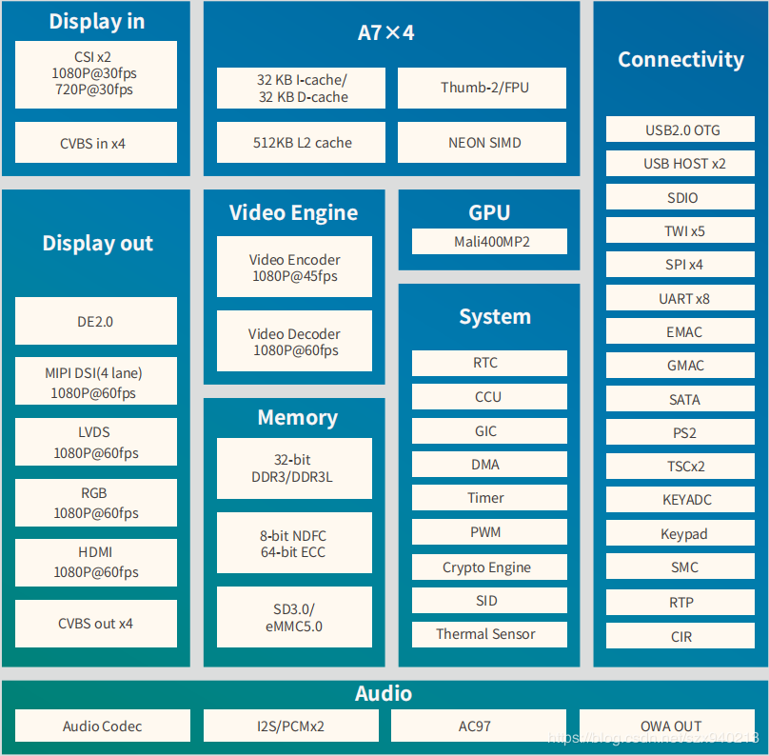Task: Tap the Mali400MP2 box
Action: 489,242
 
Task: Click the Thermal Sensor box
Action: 489,634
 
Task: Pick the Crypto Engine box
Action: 489,567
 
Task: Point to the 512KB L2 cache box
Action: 301,143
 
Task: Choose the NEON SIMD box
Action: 482,143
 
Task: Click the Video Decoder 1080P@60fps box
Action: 294,342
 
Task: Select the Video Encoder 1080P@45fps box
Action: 294,268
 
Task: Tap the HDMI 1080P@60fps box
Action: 95,563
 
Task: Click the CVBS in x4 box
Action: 95,143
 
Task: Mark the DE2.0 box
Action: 95,322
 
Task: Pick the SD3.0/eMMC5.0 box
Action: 294,617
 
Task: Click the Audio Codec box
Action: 102,726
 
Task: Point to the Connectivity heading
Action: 680,59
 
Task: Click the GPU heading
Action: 489,212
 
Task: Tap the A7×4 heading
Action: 385,32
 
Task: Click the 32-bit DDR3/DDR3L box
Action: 294,468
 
